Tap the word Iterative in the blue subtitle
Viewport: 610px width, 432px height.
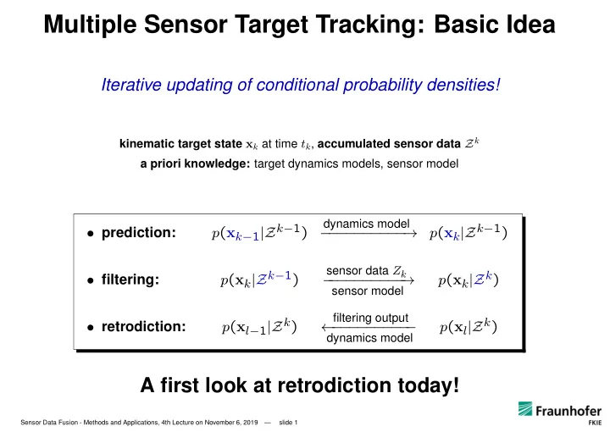(131, 85)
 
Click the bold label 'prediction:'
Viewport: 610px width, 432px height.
(138, 233)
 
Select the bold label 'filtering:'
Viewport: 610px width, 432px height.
(130, 280)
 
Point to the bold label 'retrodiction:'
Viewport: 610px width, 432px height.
(143, 327)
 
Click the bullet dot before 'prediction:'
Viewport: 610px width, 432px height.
(91, 234)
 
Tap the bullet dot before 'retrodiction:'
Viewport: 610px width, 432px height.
(91, 328)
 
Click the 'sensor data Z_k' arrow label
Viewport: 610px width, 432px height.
(366, 271)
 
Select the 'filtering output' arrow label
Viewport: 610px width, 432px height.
(370, 318)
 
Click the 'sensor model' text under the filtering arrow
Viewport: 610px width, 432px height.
(367, 291)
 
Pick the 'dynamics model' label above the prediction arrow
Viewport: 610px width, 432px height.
(366, 224)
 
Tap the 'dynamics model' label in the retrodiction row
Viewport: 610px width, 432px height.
(369, 338)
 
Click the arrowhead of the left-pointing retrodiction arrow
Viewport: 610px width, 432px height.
(324, 328)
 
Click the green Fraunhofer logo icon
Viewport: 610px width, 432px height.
(525, 408)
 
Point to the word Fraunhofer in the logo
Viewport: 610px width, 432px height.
(568, 411)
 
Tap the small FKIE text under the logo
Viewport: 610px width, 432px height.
(595, 423)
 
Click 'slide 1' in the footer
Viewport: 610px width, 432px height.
(288, 423)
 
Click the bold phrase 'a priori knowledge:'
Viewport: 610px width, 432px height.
(195, 163)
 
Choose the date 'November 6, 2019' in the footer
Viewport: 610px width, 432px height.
(231, 423)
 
